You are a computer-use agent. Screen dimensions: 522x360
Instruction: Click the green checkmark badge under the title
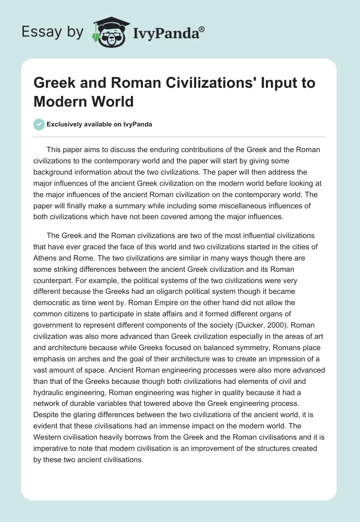[40, 124]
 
